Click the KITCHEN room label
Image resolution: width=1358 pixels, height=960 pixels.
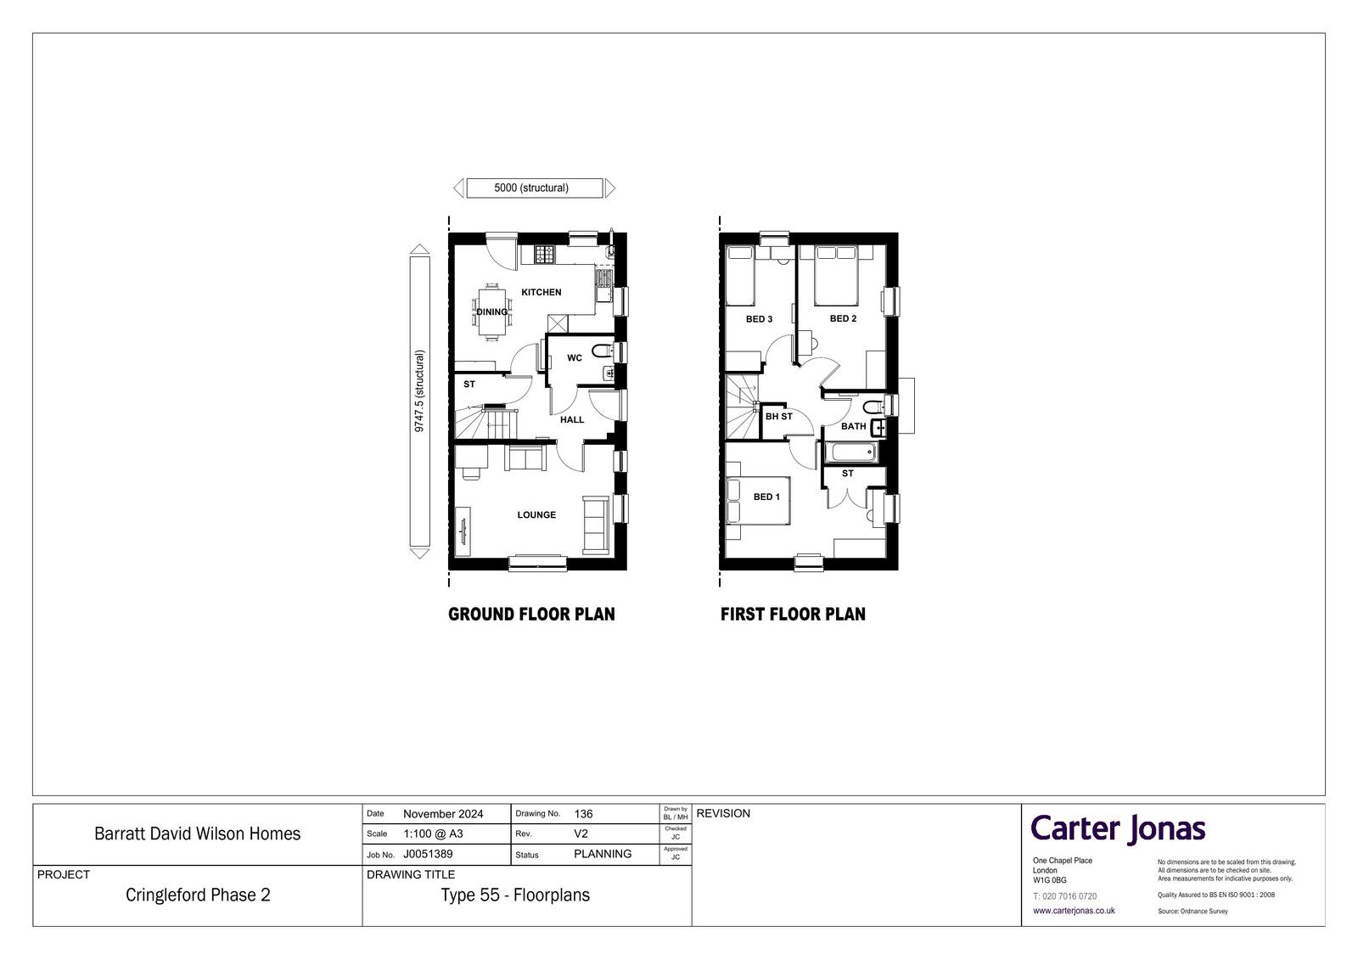pyautogui.click(x=541, y=292)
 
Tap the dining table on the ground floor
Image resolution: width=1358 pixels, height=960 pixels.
pyautogui.click(x=491, y=312)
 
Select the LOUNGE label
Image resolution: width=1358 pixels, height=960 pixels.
pyautogui.click(x=536, y=515)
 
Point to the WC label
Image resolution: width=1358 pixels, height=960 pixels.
pyautogui.click(x=574, y=358)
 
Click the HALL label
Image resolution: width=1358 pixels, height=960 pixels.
pyautogui.click(x=572, y=419)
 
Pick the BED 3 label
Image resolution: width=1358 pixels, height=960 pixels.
pyautogui.click(x=759, y=319)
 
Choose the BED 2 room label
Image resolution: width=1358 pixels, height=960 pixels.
pyautogui.click(x=843, y=318)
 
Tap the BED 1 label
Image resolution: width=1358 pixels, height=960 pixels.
pyautogui.click(x=766, y=497)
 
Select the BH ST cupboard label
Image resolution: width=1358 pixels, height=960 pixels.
pyautogui.click(x=778, y=417)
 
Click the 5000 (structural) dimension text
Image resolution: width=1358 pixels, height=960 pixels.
pyautogui.click(x=531, y=188)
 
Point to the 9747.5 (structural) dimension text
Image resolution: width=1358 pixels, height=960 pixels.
pyautogui.click(x=419, y=391)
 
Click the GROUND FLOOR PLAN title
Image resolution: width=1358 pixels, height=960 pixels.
pyautogui.click(x=531, y=615)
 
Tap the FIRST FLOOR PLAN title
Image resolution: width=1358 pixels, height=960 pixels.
pyautogui.click(x=793, y=615)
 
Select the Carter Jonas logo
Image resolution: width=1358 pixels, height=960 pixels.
pyautogui.click(x=1118, y=829)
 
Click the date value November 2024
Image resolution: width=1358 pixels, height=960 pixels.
pyautogui.click(x=443, y=815)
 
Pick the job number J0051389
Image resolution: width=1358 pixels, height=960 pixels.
pyautogui.click(x=428, y=854)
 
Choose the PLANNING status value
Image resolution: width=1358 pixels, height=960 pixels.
pyautogui.click(x=603, y=854)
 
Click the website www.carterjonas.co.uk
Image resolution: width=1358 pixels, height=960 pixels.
pyautogui.click(x=1074, y=910)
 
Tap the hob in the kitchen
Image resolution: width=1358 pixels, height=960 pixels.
pyautogui.click(x=544, y=254)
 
